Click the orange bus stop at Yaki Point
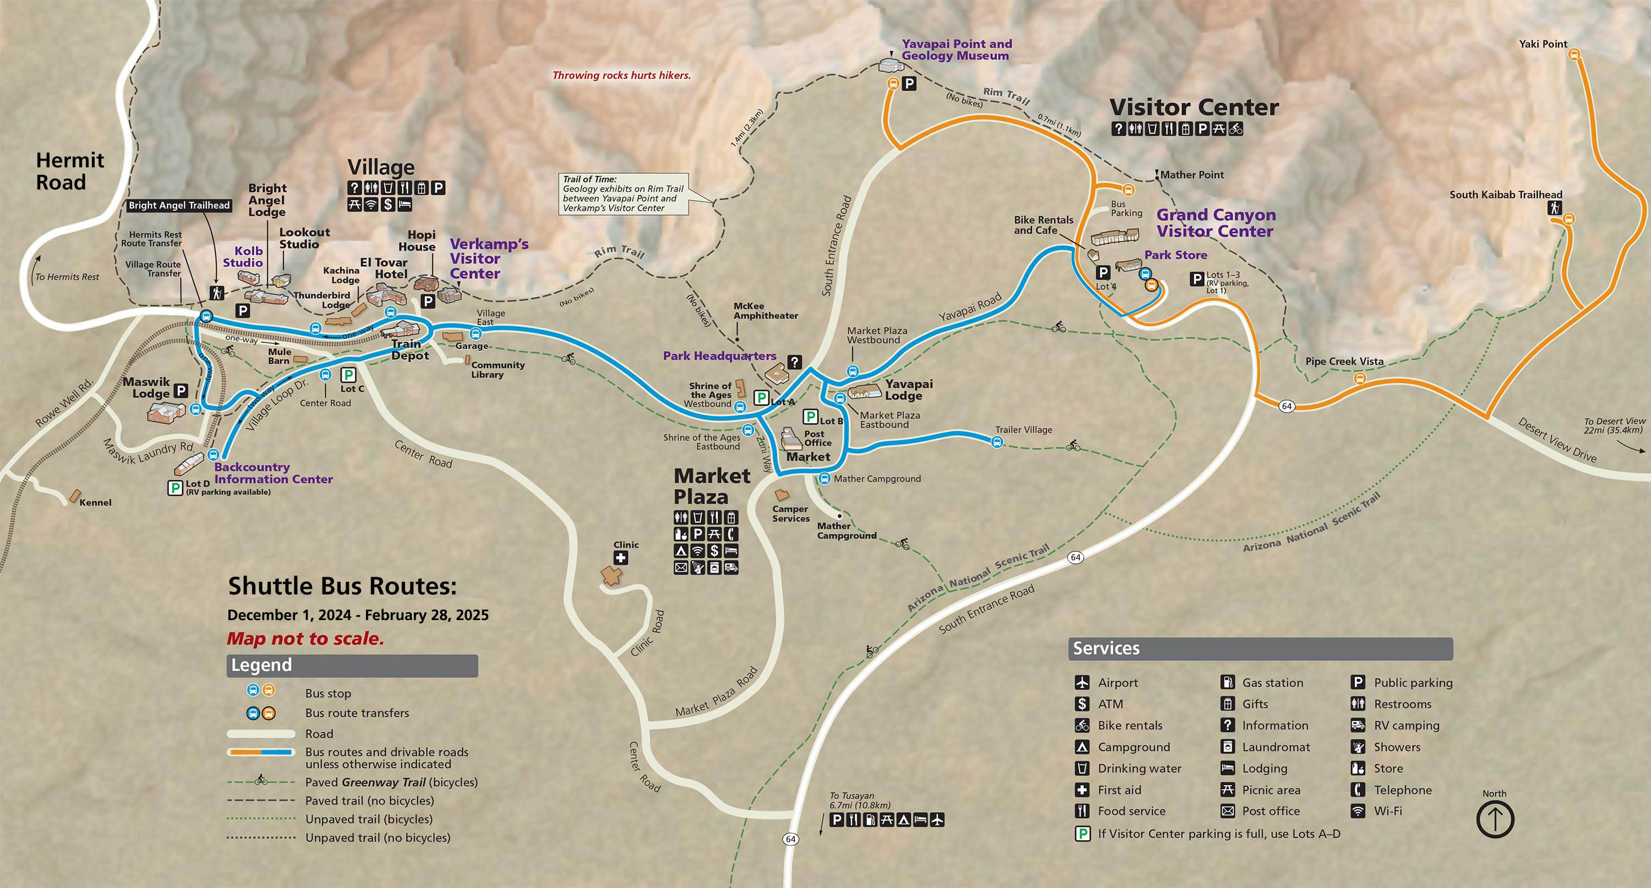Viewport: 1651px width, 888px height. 1573,55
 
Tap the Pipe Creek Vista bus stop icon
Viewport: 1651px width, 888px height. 1359,379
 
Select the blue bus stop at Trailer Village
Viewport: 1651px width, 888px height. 997,441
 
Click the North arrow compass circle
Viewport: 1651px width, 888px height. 1495,819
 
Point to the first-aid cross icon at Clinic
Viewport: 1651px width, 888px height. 620,558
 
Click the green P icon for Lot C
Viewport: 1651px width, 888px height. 348,375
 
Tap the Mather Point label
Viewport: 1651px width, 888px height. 1191,175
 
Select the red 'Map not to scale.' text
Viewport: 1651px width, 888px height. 305,639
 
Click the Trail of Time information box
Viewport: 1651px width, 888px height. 623,194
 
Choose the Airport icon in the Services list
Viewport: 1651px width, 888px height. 1082,683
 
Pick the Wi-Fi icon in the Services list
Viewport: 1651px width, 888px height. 1358,811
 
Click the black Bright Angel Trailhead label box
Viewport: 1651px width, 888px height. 179,206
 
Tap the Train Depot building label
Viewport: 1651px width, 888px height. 409,350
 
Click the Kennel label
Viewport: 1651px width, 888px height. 96,503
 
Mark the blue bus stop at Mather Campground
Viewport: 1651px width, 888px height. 825,479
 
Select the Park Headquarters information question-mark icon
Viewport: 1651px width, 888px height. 795,362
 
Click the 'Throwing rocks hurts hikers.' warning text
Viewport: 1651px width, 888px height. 621,75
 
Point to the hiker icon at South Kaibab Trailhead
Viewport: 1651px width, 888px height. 1554,208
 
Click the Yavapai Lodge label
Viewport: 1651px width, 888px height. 908,390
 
